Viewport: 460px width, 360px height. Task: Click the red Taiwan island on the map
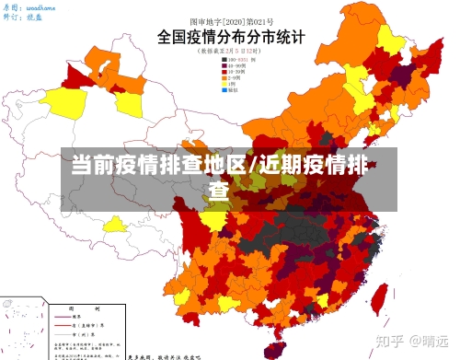pos(378,299)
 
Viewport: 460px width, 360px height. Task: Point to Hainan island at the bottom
pos(270,348)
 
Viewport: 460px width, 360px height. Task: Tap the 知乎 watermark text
pos(390,340)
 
